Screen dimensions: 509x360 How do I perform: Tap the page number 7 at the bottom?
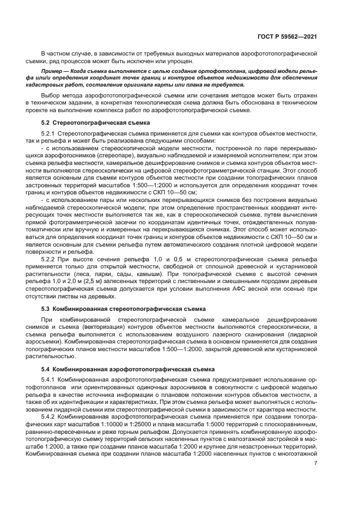click(x=315, y=463)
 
